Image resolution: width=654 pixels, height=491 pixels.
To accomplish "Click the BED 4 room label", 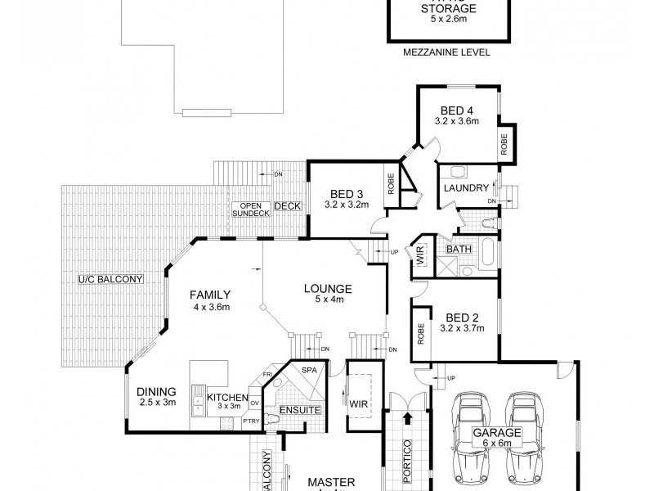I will click(457, 110).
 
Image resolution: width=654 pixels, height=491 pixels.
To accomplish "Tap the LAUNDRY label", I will click(465, 188).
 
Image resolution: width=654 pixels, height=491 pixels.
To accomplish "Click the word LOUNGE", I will click(327, 289).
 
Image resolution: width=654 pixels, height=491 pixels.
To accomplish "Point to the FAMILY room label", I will click(210, 295).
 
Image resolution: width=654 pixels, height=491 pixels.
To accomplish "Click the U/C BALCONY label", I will click(110, 280).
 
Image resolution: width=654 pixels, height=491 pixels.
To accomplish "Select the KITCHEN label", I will click(227, 397).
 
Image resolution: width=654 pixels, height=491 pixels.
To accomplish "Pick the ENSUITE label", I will click(299, 409).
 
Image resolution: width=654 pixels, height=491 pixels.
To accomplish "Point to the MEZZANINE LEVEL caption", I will click(446, 52).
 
